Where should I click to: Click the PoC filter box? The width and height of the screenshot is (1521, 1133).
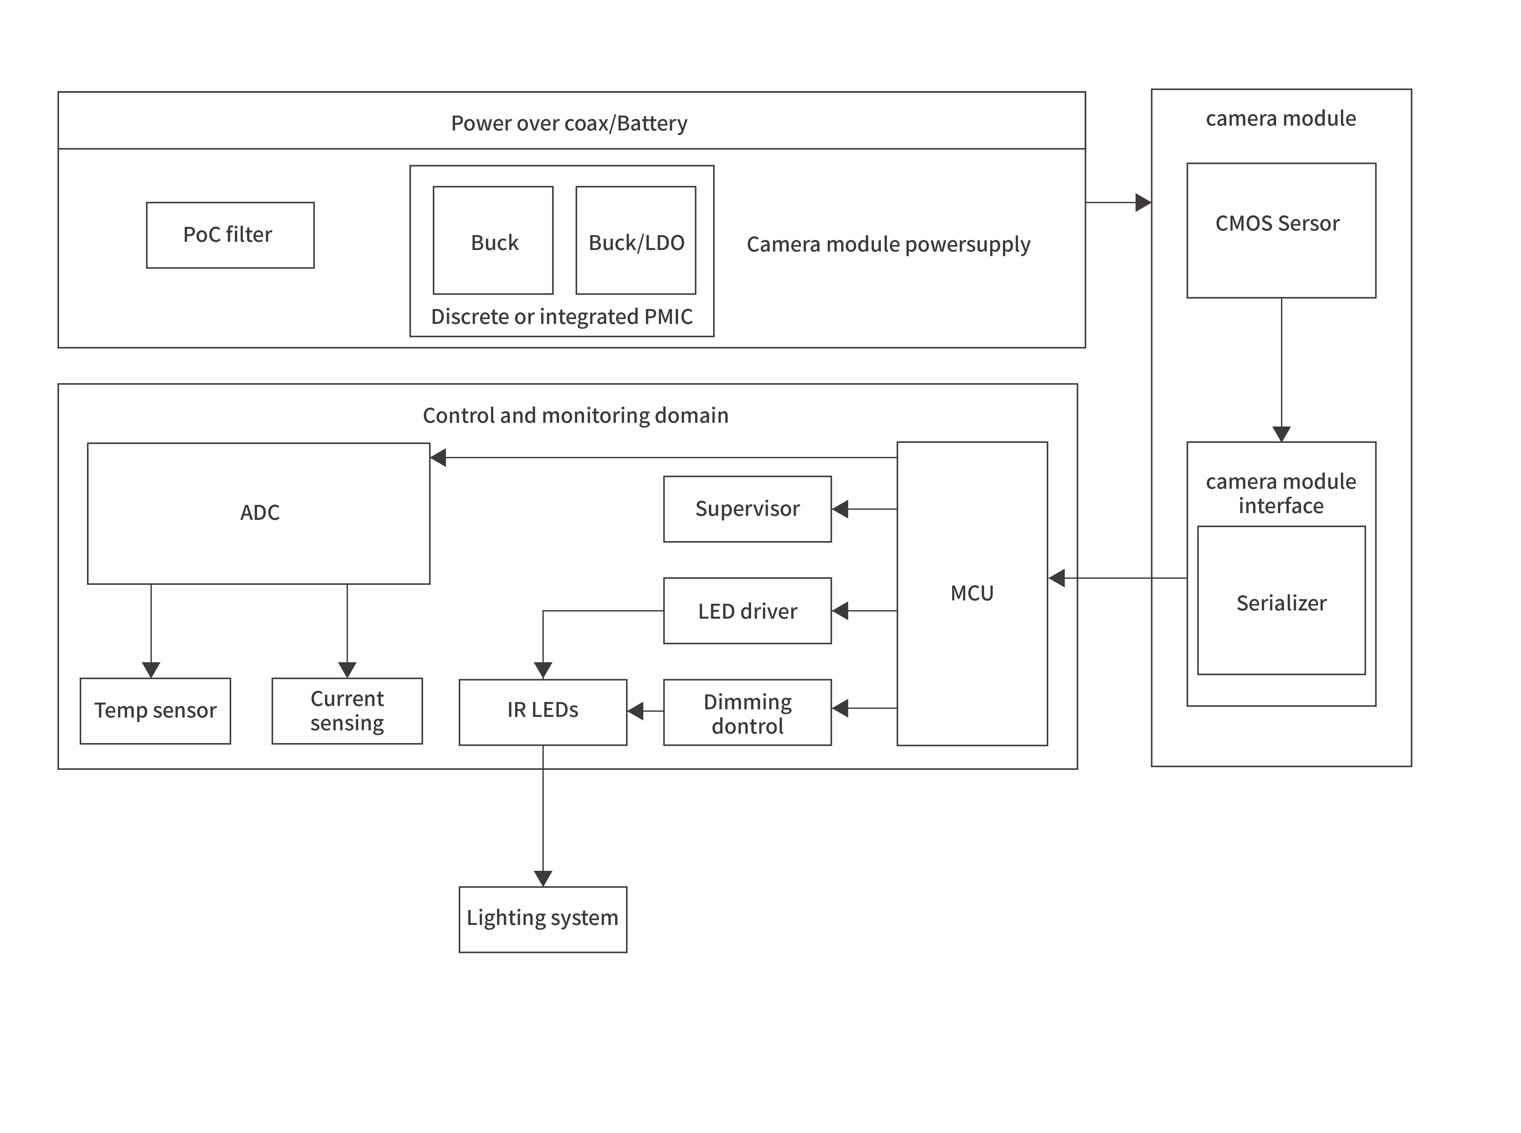(230, 235)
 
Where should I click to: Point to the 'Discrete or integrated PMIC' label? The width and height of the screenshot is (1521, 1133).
(562, 317)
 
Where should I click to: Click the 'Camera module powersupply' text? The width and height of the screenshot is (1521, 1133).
(888, 244)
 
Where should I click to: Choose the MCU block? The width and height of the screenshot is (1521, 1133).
(972, 593)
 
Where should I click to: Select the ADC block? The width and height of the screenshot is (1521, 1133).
(259, 513)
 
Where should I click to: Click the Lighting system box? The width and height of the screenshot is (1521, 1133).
(542, 919)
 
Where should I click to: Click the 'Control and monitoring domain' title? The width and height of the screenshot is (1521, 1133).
(575, 415)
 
